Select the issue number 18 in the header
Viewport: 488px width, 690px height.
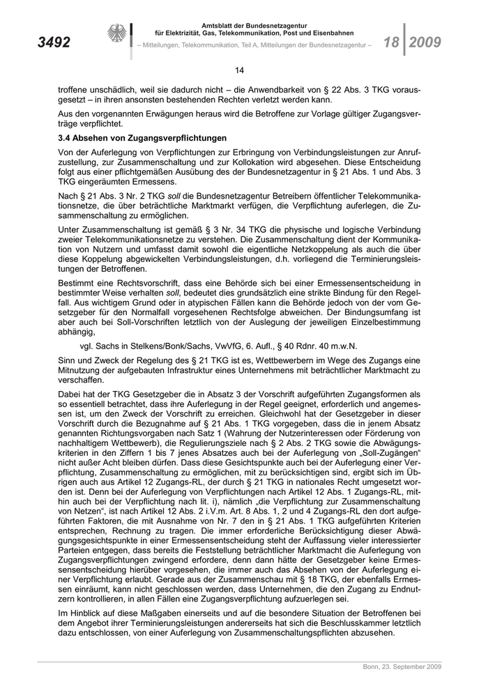[x=390, y=42]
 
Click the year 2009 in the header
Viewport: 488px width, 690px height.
[x=425, y=42]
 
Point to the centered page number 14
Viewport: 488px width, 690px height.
[x=239, y=70]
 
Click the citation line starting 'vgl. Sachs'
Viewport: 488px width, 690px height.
[x=218, y=346]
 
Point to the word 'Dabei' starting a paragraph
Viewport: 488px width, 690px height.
[x=70, y=394]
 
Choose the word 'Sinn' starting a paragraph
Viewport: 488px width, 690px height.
[x=68, y=361]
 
